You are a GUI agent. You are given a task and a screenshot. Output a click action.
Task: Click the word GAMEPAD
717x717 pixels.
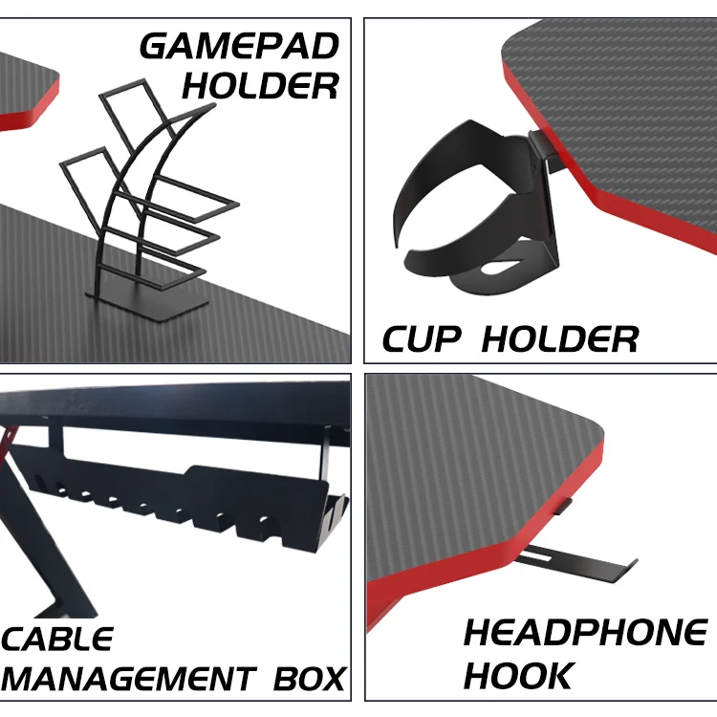239,46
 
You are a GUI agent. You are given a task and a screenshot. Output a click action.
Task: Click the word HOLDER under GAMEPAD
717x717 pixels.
260,86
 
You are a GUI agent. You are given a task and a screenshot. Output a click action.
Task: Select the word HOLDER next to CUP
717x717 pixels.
559,338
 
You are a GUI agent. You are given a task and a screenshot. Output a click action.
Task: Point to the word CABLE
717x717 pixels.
59,639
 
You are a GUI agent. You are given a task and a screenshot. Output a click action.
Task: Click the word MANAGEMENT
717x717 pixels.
128,679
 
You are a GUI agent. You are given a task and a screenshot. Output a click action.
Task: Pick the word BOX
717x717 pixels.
309,679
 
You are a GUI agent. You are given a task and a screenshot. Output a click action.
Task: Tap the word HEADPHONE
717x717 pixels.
585,633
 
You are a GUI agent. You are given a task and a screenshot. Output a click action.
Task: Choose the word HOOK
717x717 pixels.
518,674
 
